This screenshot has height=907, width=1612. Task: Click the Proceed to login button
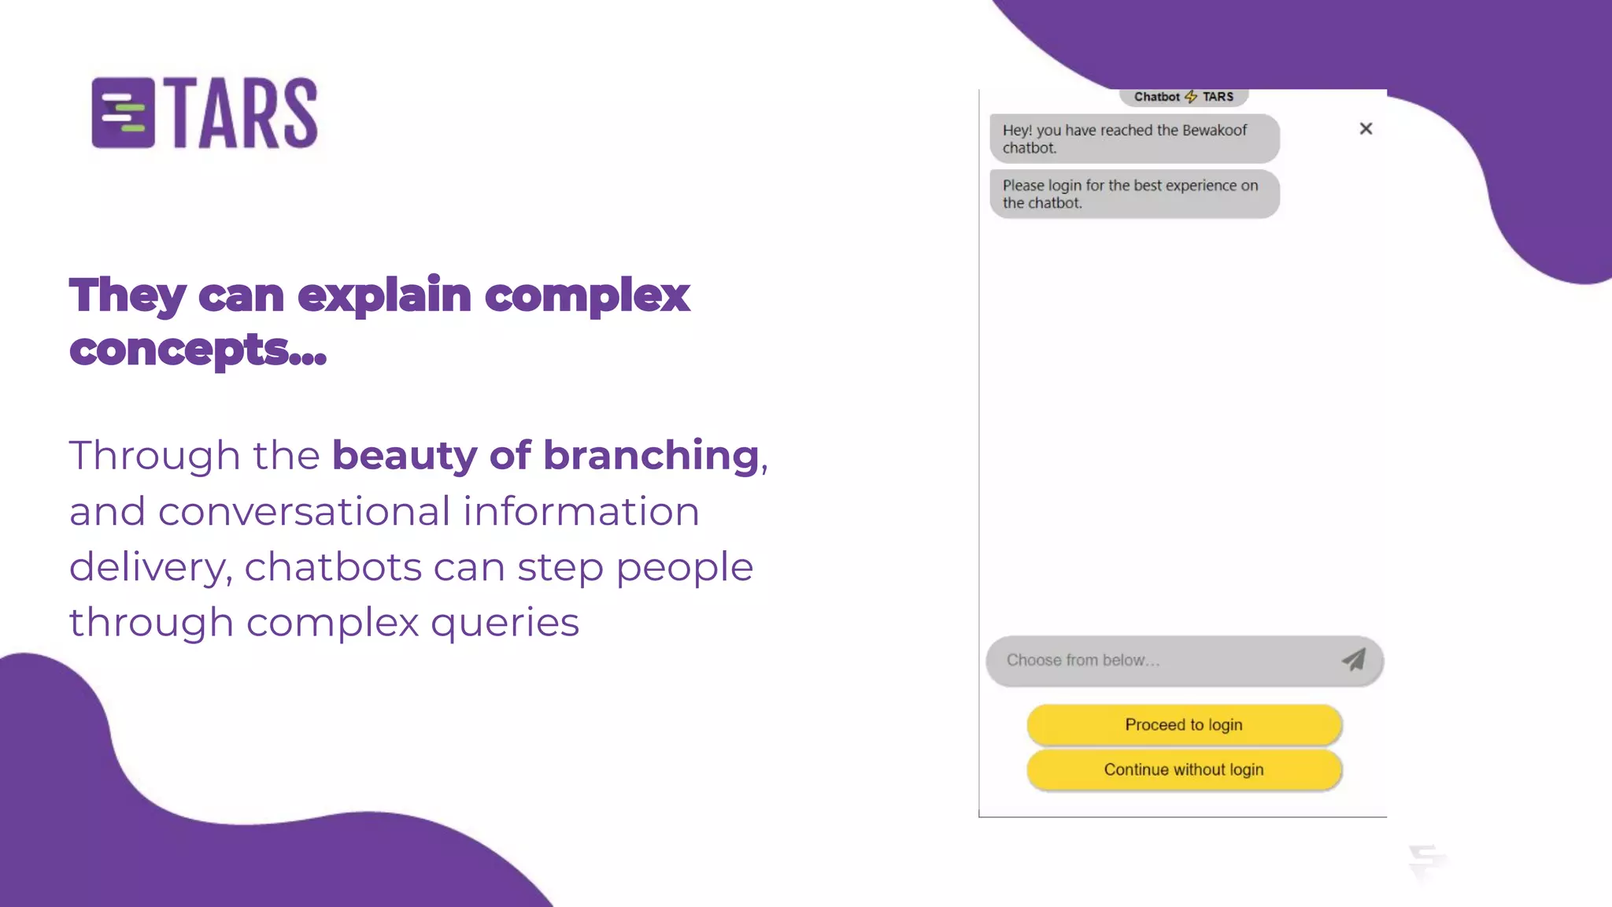1183,724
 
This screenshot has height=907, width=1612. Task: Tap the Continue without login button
1183,769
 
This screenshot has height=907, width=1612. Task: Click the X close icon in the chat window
1366,128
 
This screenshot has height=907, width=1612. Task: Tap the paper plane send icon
1353,660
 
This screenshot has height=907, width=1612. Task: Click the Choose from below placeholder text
1082,661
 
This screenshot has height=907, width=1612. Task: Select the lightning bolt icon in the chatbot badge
1191,97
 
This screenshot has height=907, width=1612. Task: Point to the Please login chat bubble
1133,194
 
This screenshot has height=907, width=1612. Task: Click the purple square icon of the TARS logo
123,113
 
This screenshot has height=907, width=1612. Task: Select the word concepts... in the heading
198,350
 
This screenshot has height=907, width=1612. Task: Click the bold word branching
651,456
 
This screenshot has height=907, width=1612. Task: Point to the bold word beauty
405,456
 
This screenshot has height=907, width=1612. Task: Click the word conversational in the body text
304,512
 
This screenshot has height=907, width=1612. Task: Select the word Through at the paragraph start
154,456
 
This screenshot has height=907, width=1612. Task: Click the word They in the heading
127,296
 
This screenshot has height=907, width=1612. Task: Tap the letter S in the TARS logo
300,113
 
